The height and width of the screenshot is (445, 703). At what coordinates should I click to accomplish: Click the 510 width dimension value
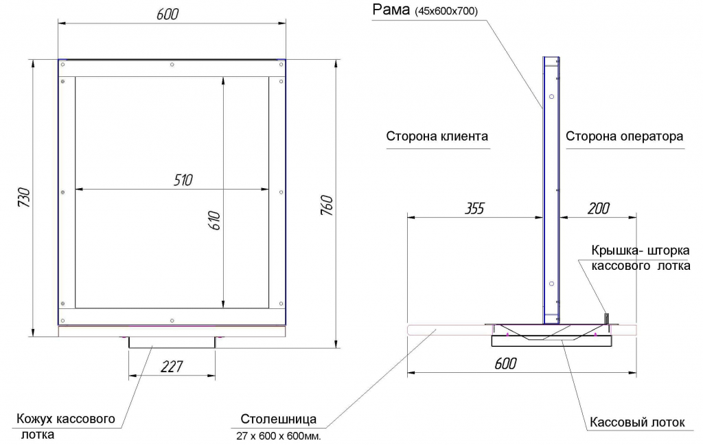[183, 180]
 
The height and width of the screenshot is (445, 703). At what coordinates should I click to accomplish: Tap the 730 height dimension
[24, 197]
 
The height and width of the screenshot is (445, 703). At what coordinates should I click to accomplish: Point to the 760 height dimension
[327, 205]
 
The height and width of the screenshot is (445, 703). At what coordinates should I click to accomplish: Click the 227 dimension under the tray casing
[172, 367]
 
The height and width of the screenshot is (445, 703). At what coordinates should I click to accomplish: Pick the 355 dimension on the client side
[474, 208]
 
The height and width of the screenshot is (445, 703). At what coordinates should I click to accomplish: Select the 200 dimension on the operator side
[599, 208]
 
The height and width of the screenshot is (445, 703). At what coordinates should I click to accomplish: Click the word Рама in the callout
[391, 10]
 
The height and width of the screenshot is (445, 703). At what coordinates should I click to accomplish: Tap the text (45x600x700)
[446, 12]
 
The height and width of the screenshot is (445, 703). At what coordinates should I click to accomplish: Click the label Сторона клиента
[437, 137]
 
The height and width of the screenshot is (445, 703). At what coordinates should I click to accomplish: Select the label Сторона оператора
[625, 137]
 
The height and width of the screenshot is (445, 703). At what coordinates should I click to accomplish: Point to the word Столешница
[279, 419]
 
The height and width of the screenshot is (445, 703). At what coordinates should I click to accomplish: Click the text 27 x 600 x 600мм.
[279, 436]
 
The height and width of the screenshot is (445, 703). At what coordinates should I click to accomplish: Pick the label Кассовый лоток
[637, 422]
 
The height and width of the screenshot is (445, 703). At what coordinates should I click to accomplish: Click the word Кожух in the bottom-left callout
[36, 419]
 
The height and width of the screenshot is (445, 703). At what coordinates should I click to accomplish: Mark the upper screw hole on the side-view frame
[551, 96]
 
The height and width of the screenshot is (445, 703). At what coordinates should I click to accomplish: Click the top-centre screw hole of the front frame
[172, 65]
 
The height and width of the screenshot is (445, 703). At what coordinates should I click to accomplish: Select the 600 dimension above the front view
[168, 14]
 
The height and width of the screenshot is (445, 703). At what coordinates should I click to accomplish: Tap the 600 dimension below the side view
[506, 363]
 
